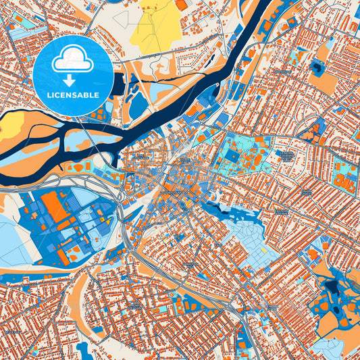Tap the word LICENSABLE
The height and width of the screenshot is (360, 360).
coord(72,95)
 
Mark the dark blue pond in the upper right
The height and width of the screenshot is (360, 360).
coord(317,66)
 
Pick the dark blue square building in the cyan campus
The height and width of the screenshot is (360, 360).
coord(231,156)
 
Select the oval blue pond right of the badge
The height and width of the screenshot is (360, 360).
coord(138,105)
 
